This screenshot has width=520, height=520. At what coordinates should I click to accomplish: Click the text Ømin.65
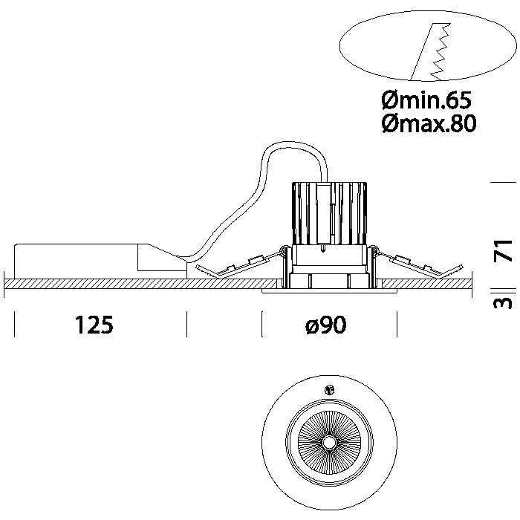426,99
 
